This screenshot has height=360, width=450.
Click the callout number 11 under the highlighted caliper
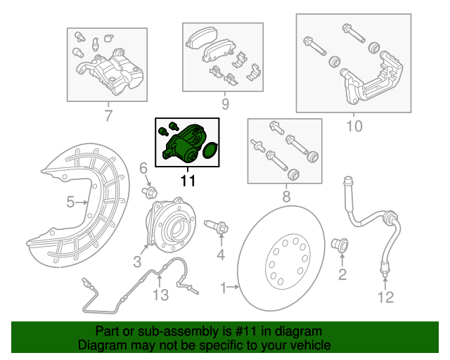(188, 181)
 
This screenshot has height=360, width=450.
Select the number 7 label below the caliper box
(108, 116)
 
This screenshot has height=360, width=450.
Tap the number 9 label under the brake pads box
(225, 105)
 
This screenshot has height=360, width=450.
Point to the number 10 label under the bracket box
(354, 127)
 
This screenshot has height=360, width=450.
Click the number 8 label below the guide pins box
(286, 198)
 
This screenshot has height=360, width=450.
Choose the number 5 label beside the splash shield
(142, 168)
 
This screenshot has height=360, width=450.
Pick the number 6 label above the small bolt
(142, 168)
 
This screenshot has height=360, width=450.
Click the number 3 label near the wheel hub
(138, 262)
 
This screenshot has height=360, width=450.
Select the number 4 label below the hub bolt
(220, 255)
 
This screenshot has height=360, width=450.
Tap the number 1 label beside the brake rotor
(225, 288)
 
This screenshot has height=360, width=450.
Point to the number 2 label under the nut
(342, 274)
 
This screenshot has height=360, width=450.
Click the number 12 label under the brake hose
(385, 297)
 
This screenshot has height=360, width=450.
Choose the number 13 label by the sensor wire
(162, 295)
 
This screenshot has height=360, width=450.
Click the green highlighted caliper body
(184, 143)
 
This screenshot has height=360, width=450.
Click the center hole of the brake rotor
(288, 264)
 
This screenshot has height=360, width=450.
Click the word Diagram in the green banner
(99, 346)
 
